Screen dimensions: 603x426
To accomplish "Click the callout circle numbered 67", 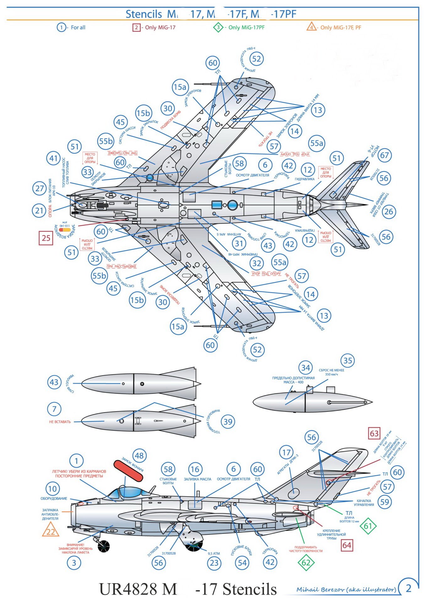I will (384, 155).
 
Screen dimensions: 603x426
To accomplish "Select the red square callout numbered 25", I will (46, 238).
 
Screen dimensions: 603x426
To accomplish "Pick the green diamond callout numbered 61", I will (368, 526).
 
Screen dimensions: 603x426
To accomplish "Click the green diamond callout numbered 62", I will (306, 562).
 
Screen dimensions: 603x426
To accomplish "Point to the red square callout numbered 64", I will (347, 545).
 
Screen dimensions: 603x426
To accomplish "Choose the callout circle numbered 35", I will (348, 361).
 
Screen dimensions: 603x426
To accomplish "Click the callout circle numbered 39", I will (228, 422).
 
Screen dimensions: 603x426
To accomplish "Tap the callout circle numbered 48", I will (139, 456).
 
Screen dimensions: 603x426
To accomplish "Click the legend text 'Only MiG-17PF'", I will (246, 28).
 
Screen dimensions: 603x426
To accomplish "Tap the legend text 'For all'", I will (78, 28).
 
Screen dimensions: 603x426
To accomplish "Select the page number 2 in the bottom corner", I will (408, 588).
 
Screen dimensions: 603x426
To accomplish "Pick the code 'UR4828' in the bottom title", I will (129, 589).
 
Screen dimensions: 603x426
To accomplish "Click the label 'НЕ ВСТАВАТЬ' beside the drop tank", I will (60, 422).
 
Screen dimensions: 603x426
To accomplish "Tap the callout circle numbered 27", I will (39, 188).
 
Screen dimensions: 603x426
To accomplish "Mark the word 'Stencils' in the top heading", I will (144, 14).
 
